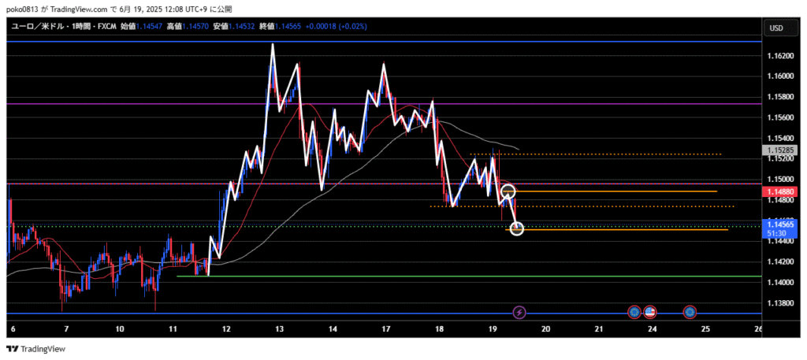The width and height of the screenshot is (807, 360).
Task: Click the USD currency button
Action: click(775, 28)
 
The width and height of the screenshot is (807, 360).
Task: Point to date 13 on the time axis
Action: click(279, 328)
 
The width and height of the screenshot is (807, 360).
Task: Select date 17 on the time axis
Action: click(386, 328)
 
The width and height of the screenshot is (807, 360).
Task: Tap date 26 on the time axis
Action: click(758, 328)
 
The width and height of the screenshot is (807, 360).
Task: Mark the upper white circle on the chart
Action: click(508, 191)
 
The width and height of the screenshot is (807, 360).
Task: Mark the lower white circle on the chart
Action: click(517, 228)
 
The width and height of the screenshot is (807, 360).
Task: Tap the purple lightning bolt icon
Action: click(519, 313)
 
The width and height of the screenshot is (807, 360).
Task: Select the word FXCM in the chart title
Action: click(106, 26)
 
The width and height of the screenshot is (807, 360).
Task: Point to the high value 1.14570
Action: click(195, 26)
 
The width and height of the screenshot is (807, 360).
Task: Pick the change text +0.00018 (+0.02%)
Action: click(335, 26)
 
